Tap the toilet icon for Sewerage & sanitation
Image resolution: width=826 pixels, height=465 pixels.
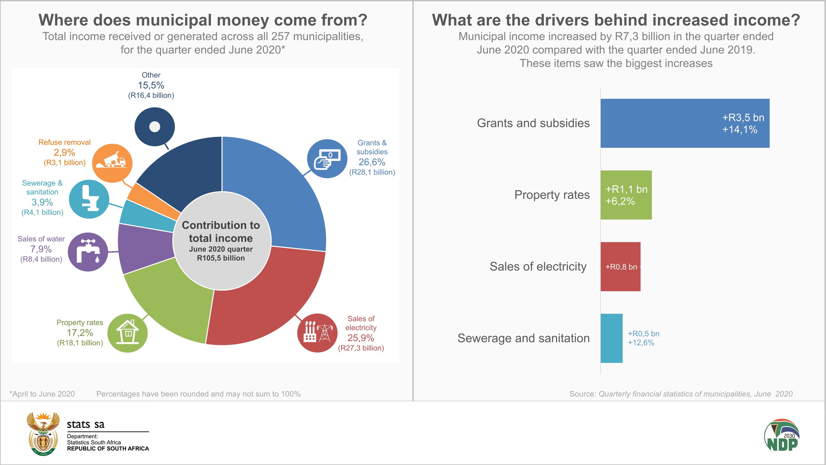89,199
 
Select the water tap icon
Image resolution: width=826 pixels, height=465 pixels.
88,252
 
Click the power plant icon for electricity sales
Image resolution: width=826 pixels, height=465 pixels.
317,333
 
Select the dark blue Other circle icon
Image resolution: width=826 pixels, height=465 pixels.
154,127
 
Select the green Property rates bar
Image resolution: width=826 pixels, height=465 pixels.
626,195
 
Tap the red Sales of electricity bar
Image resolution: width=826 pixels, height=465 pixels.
620,266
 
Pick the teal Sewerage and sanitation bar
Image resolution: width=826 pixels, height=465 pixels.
611,338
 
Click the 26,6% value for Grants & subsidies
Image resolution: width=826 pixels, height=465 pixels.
372,162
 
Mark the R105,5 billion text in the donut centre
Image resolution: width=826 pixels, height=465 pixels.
221,258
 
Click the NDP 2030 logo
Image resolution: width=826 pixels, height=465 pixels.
781,435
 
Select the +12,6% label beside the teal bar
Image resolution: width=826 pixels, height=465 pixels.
641,343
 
